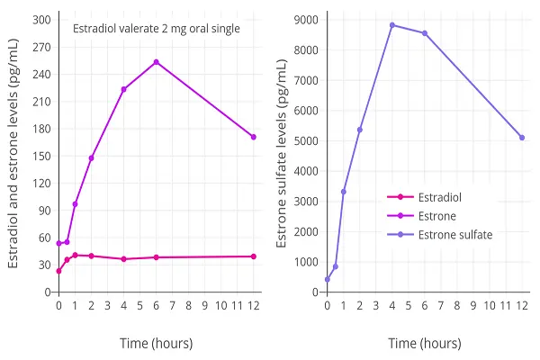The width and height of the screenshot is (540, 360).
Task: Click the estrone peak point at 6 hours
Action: pos(157,62)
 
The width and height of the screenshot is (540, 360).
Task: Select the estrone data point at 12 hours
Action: pos(254,137)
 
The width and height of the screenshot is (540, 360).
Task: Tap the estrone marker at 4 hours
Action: pos(124,89)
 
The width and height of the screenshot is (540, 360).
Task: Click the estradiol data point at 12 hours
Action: pos(254,256)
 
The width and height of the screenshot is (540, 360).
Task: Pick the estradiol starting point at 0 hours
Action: pos(59,271)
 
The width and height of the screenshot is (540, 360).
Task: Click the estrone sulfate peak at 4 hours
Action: pos(392,25)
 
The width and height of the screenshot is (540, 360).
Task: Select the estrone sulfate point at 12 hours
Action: pos(522,138)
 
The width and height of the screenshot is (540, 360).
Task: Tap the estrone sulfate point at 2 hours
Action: pos(360,130)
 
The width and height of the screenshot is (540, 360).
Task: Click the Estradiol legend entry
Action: pos(437,197)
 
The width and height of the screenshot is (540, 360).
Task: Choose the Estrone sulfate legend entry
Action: pos(455,235)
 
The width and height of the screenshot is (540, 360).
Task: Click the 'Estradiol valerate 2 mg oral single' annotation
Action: pos(157,29)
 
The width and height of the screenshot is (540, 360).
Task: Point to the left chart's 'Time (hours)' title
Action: pos(157,343)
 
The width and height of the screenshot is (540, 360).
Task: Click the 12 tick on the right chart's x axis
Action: pos(522,306)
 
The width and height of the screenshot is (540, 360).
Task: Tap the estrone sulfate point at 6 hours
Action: pos(425,33)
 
